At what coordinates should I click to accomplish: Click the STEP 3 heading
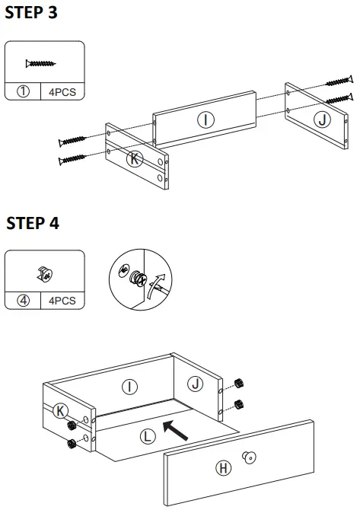tap(31, 12)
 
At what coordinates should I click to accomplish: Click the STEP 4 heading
tap(33, 223)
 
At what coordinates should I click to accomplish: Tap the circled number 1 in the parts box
tap(23, 91)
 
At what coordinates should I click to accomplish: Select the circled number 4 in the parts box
tap(23, 301)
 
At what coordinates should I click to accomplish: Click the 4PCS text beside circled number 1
tap(62, 92)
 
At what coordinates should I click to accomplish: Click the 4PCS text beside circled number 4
tap(62, 301)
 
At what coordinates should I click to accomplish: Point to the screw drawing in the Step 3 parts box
tap(40, 63)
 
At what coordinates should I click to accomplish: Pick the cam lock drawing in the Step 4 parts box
tap(45, 274)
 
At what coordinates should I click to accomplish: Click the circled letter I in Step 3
tap(205, 119)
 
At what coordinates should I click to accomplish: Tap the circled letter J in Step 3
tap(323, 119)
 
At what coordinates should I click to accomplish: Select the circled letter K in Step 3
tap(135, 159)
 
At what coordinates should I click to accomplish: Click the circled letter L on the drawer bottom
tap(148, 436)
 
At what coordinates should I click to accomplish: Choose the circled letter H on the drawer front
tap(224, 468)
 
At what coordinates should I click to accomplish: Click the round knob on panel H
tap(250, 457)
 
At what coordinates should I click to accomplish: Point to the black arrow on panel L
tap(175, 430)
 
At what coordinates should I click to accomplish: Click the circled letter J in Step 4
tap(195, 384)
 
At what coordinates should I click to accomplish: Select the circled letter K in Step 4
tap(61, 411)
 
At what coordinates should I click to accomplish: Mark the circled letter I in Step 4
tap(129, 387)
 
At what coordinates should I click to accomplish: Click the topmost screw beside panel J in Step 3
tap(339, 81)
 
